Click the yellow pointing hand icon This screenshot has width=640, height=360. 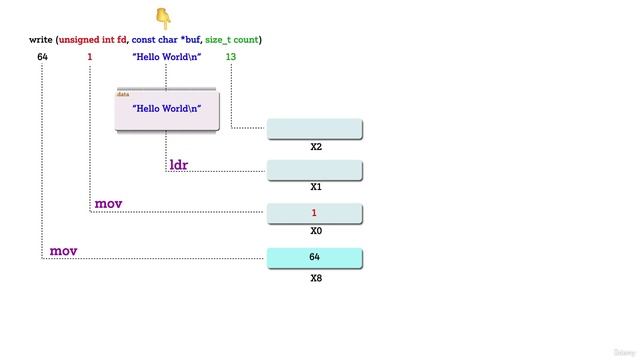164,17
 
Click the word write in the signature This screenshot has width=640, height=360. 40,40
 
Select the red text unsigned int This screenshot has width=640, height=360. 87,40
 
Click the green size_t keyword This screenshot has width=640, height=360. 218,40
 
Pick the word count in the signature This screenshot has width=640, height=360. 246,40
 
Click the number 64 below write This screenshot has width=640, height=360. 42,57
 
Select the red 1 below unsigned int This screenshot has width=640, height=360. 90,57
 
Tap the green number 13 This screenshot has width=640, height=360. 231,57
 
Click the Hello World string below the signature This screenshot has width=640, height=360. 167,57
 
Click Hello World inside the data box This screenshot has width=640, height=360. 167,108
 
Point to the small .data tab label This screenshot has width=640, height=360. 124,94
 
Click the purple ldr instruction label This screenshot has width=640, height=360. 179,164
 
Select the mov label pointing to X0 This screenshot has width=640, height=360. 108,204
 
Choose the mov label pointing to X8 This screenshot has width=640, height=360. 63,251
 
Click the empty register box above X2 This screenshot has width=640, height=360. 314,129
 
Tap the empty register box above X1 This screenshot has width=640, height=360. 314,170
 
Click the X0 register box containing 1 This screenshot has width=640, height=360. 314,213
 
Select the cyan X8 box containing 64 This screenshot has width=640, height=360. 314,258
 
